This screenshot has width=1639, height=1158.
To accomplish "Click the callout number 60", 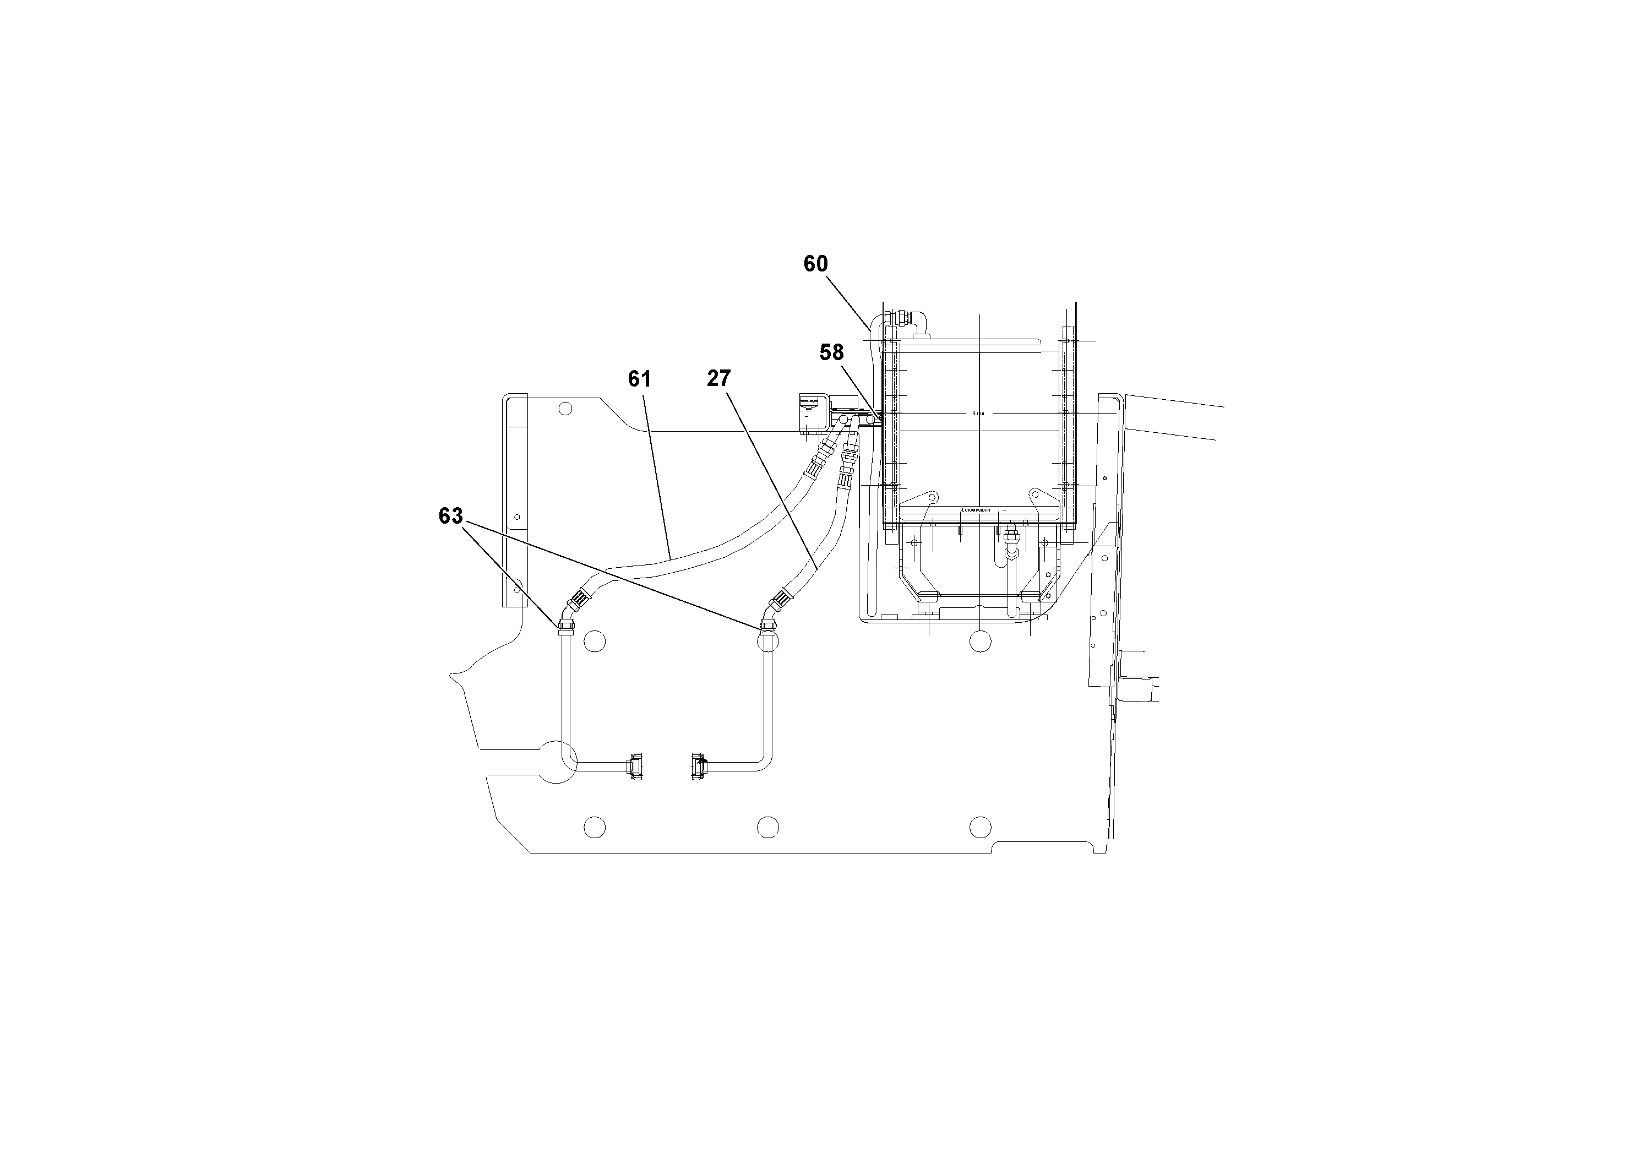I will (815, 264).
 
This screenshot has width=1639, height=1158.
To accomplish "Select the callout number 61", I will (640, 379).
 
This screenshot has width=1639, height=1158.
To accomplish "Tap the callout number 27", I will (719, 378).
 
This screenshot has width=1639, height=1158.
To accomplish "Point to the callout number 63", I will (450, 516).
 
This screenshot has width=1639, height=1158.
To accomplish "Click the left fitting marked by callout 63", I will (565, 627).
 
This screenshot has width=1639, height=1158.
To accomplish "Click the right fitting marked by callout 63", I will (768, 627).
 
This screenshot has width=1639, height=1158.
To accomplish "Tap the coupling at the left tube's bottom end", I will (634, 766).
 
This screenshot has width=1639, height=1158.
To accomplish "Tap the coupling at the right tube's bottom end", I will (698, 765).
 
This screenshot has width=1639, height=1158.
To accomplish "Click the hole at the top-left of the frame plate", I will (565, 409).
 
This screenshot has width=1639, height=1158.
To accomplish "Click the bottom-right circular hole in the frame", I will (981, 827).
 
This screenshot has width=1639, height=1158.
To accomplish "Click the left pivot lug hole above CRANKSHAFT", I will (932, 496).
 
